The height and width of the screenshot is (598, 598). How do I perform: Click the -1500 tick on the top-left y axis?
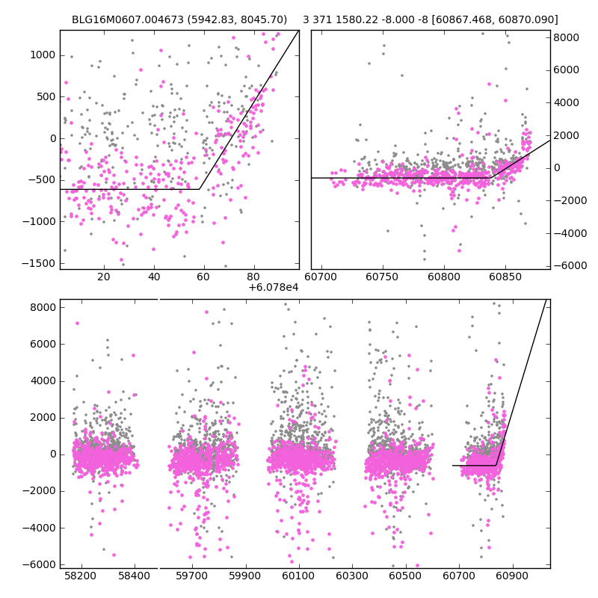[x=42, y=263]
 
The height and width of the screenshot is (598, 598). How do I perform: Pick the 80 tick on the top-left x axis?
[x=253, y=277]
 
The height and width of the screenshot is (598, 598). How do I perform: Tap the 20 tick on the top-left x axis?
[x=104, y=277]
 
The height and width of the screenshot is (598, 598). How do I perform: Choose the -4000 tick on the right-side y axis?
[x=567, y=233]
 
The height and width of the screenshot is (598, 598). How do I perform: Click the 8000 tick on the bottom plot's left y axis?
[x=43, y=307]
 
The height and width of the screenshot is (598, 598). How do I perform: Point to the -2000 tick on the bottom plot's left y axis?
[x=42, y=490]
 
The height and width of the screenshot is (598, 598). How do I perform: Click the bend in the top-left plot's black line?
[x=200, y=189]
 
